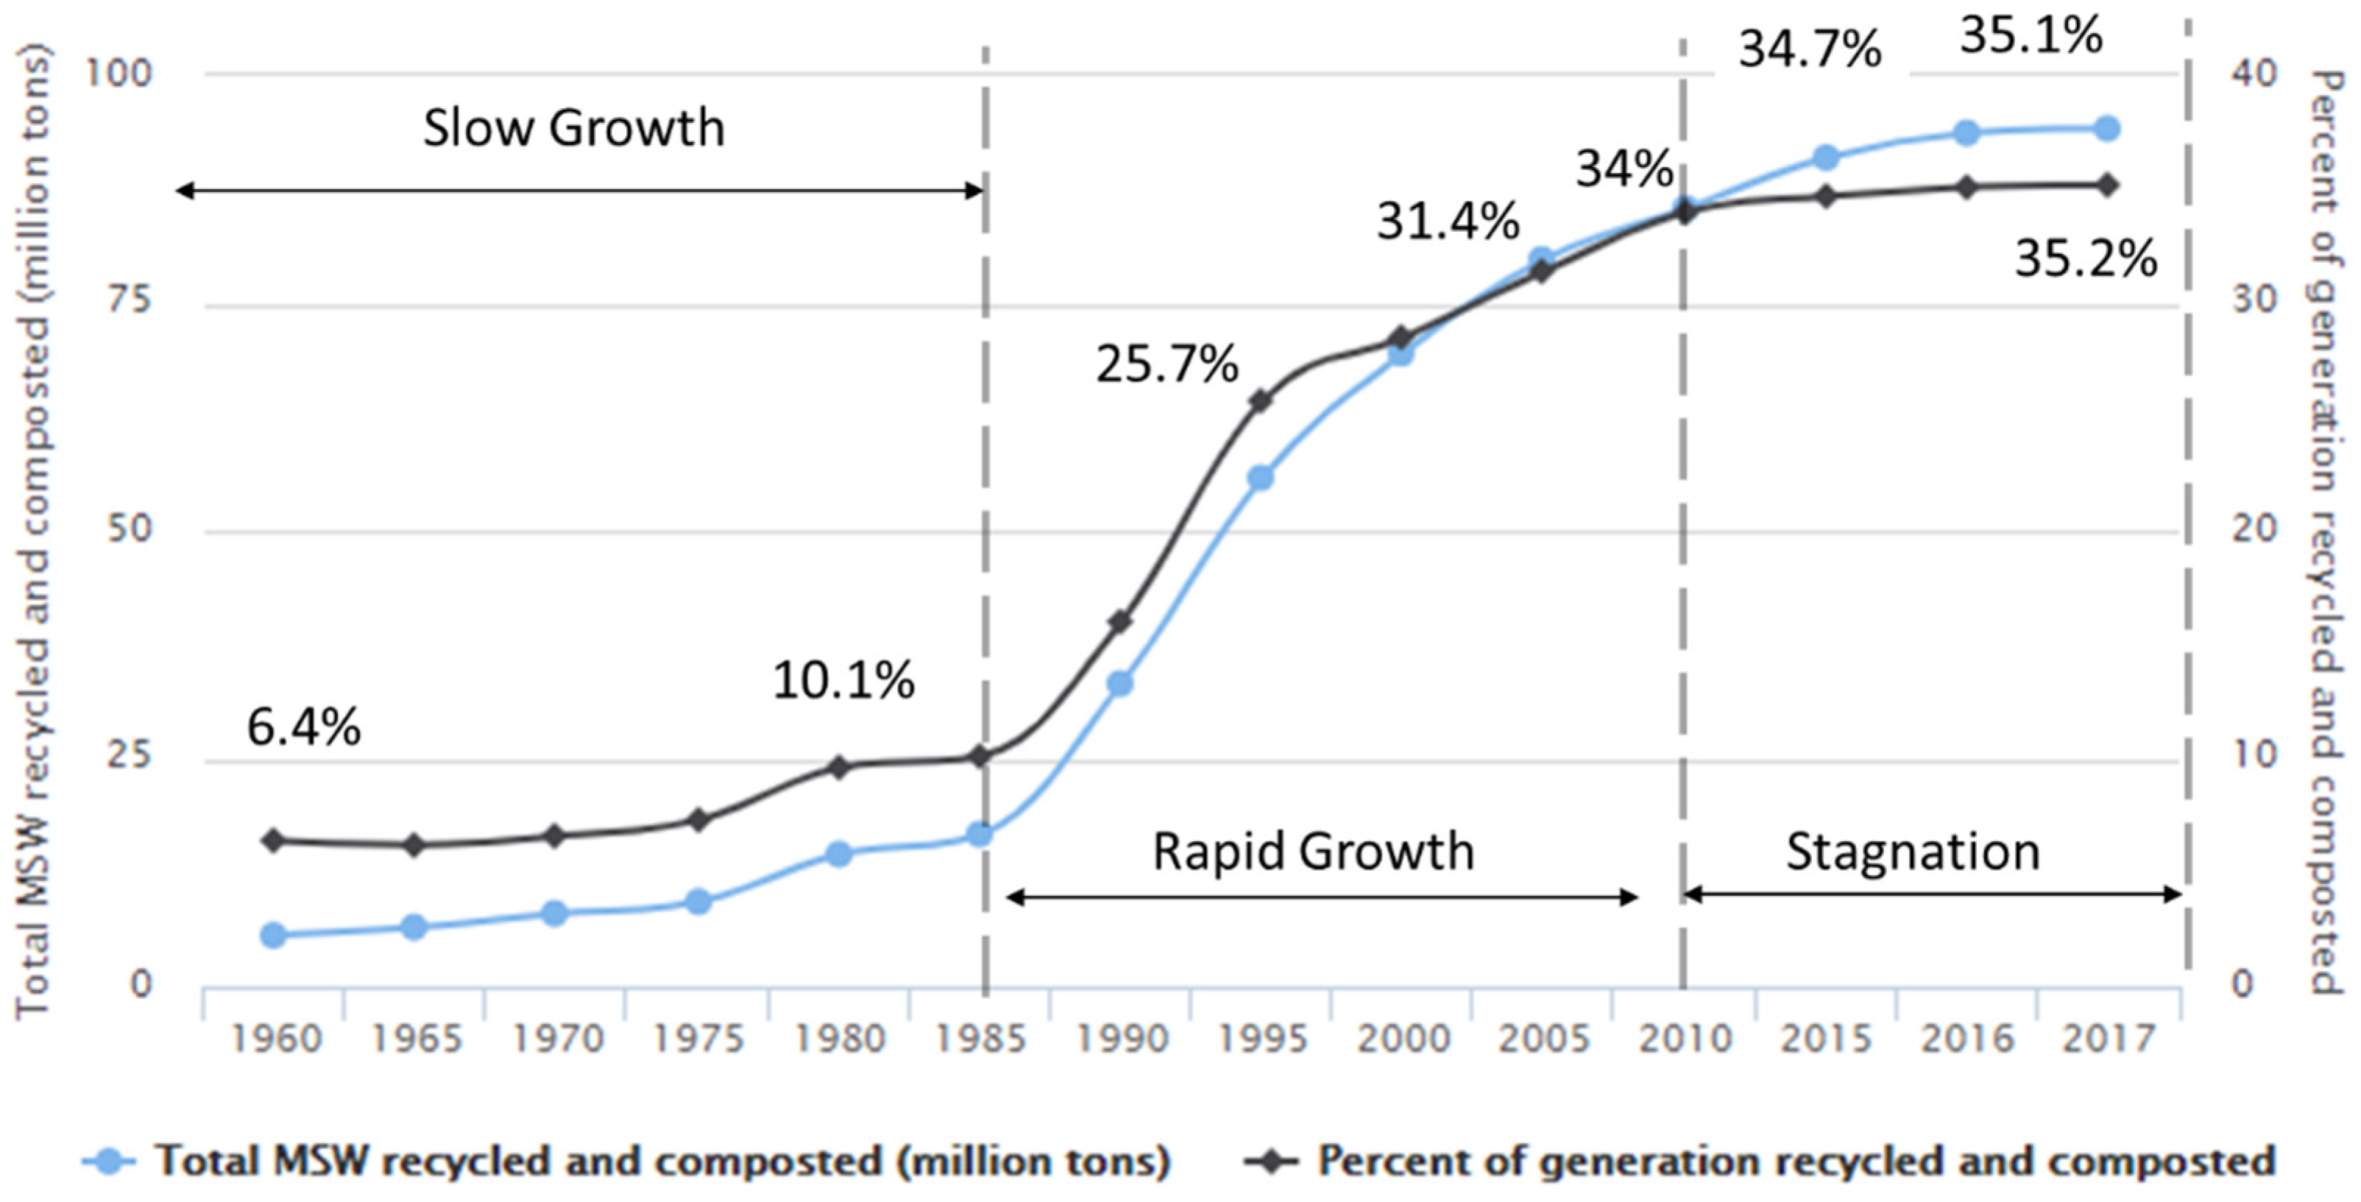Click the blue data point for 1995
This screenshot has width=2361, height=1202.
click(1261, 478)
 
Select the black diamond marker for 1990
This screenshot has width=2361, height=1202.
click(1120, 622)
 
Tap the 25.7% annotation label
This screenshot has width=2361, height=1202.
click(1167, 365)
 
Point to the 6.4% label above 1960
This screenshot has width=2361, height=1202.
click(303, 728)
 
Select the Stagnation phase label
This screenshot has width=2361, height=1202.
click(1913, 852)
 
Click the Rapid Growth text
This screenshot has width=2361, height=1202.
click(1312, 852)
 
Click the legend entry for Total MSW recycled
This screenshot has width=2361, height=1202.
click(660, 1162)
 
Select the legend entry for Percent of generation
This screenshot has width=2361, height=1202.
click(1794, 1162)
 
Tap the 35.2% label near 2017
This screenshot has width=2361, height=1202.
click(2085, 260)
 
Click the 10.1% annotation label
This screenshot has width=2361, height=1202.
click(843, 681)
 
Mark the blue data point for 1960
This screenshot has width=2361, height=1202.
click(273, 936)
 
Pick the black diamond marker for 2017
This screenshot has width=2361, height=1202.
click(2108, 185)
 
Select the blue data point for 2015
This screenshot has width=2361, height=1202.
click(1826, 158)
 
